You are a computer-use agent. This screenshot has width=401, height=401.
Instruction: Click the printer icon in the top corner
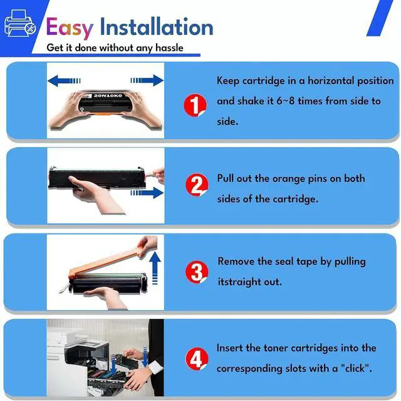[20, 23]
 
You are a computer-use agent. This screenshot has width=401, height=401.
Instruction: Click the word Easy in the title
[70, 28]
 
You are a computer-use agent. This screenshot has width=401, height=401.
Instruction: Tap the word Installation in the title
[157, 26]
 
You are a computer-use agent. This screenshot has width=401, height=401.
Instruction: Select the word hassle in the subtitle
[169, 48]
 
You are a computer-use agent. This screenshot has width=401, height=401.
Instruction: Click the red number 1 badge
[195, 105]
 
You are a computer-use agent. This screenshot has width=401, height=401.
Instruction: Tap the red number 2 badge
[197, 184]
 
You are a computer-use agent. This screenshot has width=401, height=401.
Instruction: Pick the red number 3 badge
[197, 272]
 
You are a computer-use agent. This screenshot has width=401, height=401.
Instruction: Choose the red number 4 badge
[197, 358]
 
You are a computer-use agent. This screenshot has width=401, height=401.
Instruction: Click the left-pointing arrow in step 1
[64, 81]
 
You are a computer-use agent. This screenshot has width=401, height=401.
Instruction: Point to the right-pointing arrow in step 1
[147, 80]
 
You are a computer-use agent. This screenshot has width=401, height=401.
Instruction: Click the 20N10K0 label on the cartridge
[107, 95]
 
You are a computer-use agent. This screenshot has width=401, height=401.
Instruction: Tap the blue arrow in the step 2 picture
[147, 193]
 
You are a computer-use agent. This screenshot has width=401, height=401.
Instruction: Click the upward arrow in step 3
[155, 268]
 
